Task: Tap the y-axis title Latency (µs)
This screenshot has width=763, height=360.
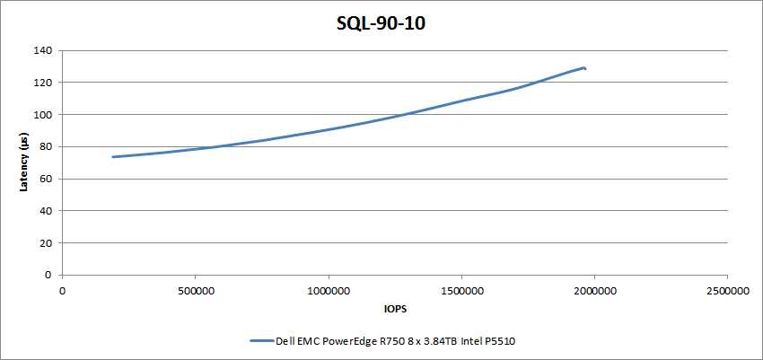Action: pyautogui.click(x=24, y=162)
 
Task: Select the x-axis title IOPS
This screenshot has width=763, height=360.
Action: pyautogui.click(x=394, y=309)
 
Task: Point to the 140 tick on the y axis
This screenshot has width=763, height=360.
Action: pyautogui.click(x=41, y=50)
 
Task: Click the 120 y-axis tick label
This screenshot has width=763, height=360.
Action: pyautogui.click(x=41, y=83)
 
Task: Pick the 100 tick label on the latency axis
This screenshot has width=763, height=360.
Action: pyautogui.click(x=41, y=115)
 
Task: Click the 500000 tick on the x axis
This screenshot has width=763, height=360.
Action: pyautogui.click(x=195, y=290)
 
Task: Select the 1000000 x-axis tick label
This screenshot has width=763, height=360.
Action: pyautogui.click(x=328, y=290)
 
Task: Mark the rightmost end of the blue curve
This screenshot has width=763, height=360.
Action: pyautogui.click(x=585, y=68)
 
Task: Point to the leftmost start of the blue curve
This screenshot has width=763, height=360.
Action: pyautogui.click(x=113, y=157)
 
